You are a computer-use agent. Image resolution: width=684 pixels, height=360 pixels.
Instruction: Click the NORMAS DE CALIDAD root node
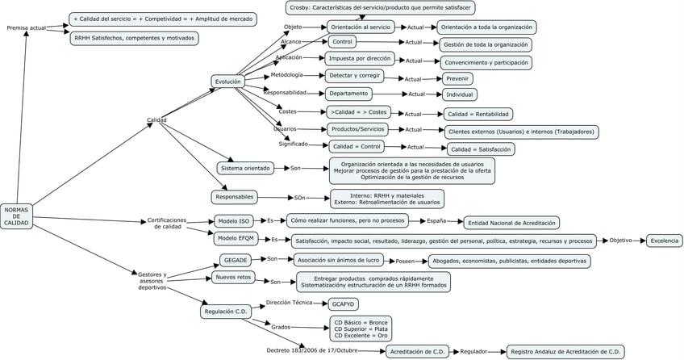point(16,216)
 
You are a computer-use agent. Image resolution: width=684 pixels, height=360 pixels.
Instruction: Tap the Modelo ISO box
point(234,220)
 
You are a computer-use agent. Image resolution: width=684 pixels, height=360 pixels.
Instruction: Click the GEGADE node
point(236,260)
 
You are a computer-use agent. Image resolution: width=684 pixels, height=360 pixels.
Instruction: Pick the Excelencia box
point(665,241)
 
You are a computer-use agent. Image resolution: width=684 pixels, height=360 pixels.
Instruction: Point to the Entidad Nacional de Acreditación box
point(511,222)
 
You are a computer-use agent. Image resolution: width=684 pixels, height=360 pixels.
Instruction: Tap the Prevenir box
point(457,78)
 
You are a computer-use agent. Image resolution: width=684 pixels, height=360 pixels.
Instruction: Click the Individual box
point(460,94)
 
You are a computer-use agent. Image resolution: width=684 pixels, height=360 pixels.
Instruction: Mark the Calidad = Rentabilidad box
point(478,114)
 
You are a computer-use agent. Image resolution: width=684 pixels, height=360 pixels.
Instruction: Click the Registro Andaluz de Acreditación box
point(565,351)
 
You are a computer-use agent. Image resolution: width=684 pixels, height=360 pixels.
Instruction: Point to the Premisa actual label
point(26,27)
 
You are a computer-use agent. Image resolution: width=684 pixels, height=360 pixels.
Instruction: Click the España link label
point(436,220)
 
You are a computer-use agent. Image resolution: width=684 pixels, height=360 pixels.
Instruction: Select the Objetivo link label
point(620,240)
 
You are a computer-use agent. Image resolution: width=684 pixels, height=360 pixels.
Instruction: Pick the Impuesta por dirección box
point(360,58)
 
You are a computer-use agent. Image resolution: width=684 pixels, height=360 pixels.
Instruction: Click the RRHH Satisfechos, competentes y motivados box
point(134,38)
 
